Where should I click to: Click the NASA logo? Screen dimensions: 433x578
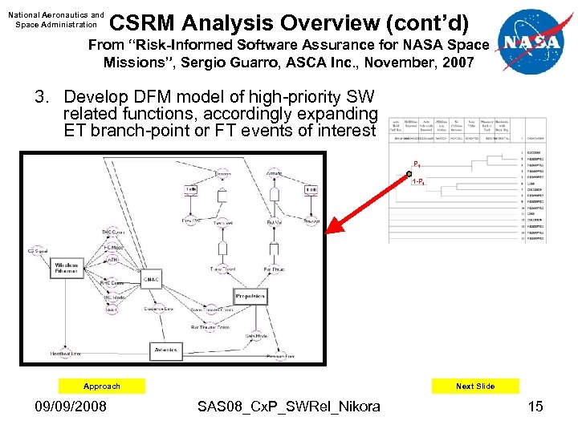535,42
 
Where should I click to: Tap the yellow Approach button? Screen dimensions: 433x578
102,386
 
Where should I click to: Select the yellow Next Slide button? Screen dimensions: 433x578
475,386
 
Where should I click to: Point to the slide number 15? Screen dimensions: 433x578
535,407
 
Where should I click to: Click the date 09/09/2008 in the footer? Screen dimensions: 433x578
70,407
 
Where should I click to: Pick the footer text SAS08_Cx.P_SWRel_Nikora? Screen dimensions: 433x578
289,407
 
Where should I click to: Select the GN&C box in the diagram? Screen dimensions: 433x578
151,278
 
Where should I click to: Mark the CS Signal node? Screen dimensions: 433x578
38,251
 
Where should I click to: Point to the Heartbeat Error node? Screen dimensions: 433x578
66,352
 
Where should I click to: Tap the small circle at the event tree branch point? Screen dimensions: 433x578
409,172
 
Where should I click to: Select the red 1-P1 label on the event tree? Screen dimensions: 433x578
418,182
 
